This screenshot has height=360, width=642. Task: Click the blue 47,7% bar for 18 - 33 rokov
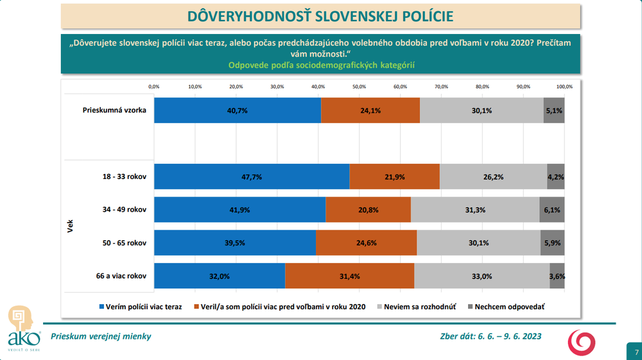click(252, 176)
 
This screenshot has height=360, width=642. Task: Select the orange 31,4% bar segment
click(349, 276)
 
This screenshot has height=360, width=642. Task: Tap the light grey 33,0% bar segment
click(481, 276)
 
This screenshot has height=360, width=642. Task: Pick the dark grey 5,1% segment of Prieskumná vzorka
click(553, 110)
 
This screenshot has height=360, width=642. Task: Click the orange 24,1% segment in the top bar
click(370, 110)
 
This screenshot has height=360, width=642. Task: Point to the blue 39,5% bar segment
click(234, 243)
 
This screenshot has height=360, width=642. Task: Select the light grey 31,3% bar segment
click(475, 210)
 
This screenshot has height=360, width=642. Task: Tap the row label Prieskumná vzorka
click(114, 110)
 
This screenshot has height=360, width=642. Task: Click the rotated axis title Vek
click(70, 226)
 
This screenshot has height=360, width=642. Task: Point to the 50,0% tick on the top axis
click(359, 87)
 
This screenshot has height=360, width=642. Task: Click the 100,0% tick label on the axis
click(564, 87)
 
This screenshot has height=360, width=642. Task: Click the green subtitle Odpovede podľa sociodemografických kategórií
click(321, 65)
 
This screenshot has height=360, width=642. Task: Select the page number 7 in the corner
click(636, 352)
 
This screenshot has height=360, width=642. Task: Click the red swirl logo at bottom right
click(581, 341)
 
